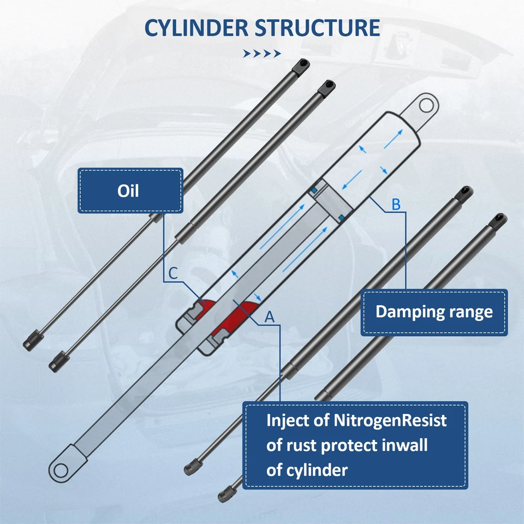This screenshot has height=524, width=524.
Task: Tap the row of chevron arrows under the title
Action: click(x=261, y=53)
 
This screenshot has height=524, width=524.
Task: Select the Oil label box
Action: click(x=130, y=190)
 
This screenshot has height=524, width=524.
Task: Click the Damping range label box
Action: click(x=434, y=312)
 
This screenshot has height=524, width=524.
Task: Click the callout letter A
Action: click(x=269, y=317)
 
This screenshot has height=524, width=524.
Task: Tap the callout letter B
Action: click(x=396, y=205)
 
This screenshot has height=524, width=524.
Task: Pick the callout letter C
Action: click(x=172, y=274)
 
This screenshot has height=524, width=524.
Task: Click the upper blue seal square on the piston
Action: click(x=314, y=189)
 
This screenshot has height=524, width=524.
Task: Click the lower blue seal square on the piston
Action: click(x=341, y=218)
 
